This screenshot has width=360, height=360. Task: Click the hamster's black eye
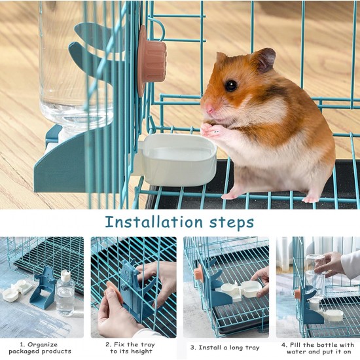231,85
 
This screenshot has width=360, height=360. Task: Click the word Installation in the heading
154,222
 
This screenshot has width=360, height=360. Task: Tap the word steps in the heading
232,223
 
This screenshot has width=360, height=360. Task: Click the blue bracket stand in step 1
43,288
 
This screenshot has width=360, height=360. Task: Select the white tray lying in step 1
16,290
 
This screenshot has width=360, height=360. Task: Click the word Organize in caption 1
43,344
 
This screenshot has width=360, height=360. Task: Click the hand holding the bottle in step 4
329,264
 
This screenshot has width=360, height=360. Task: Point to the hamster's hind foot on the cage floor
310,199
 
